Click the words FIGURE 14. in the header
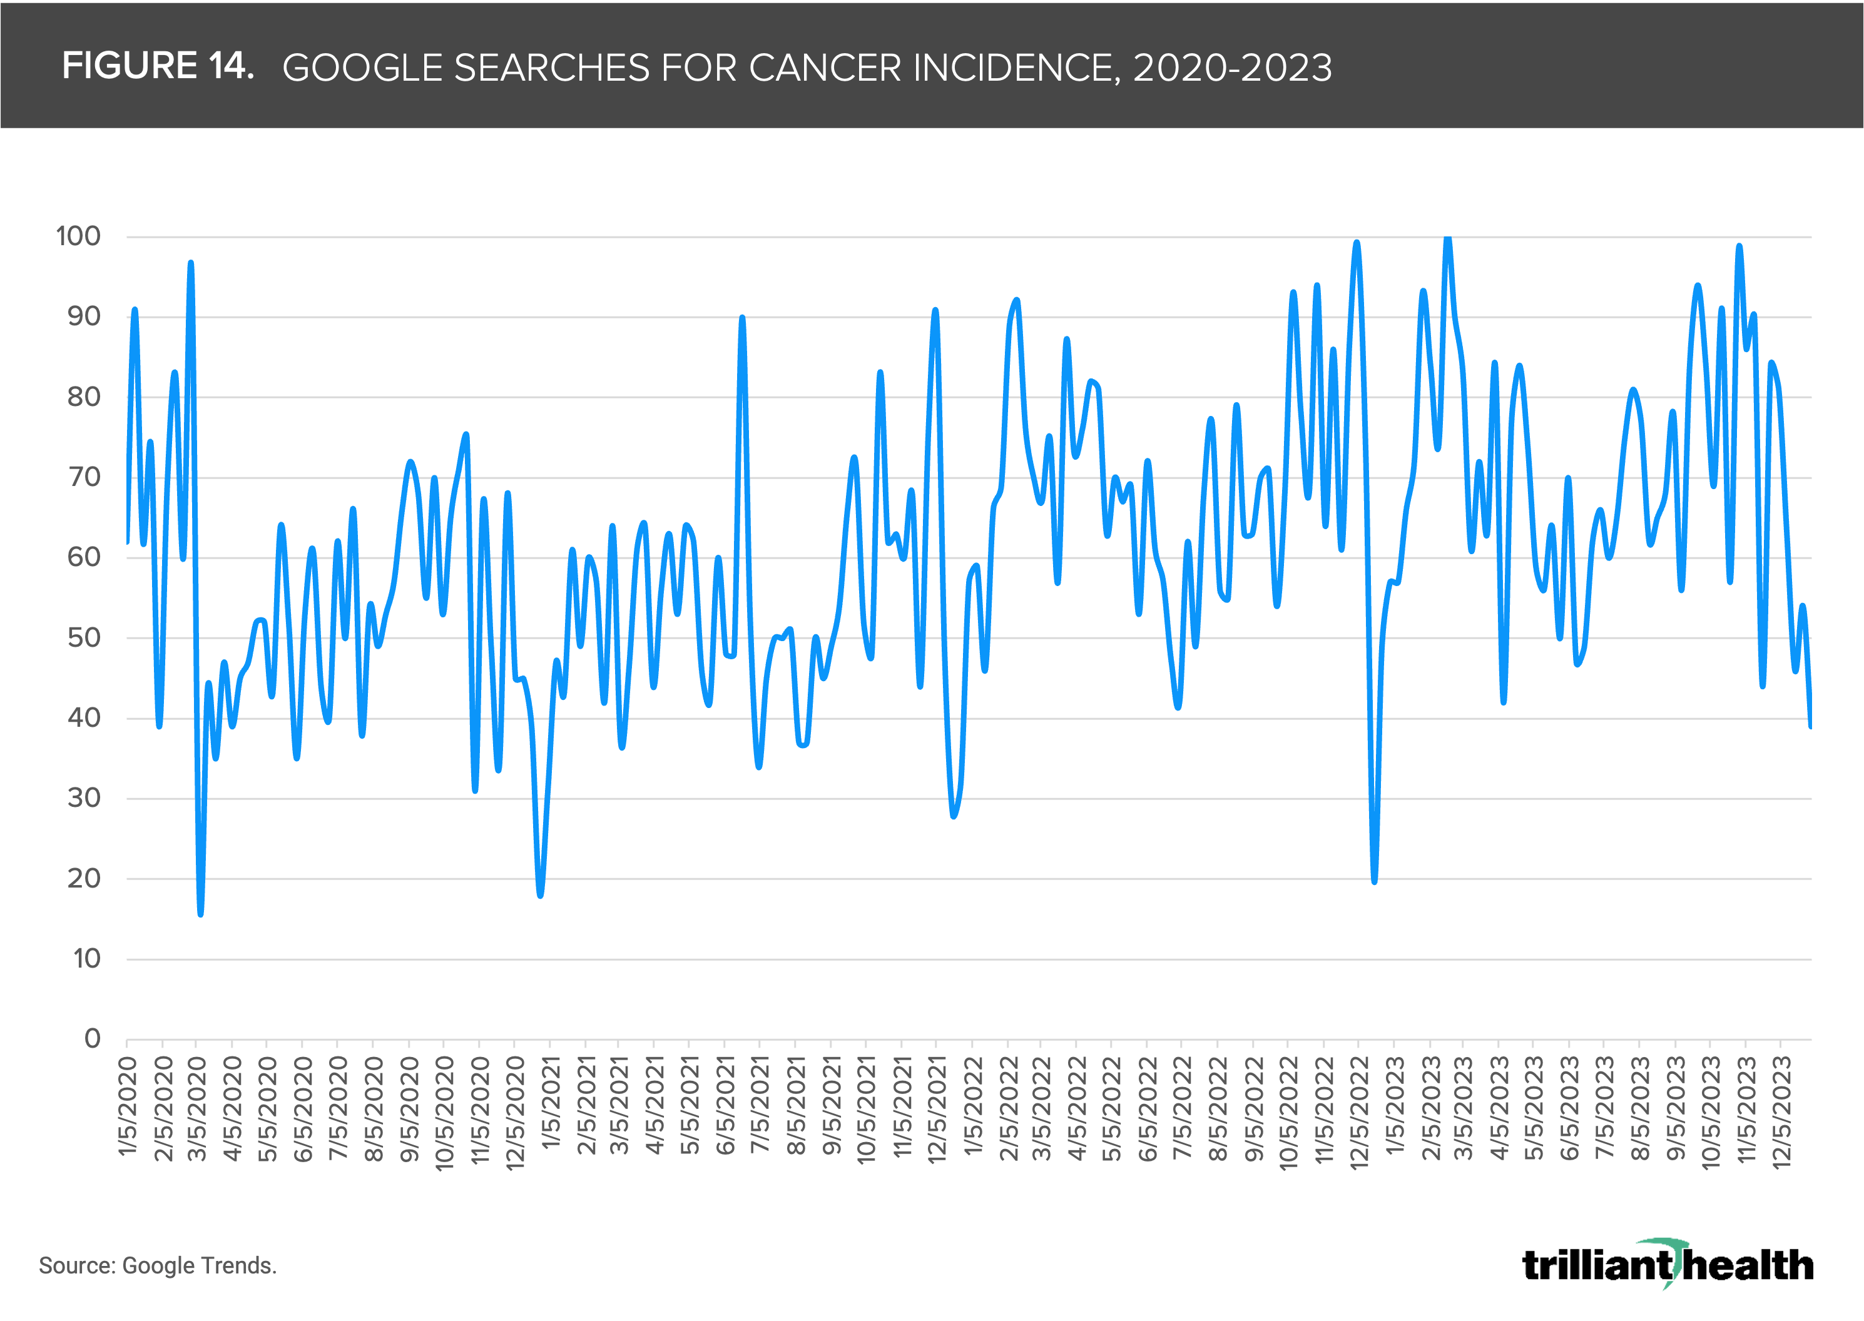pos(158,66)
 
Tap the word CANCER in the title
pos(824,68)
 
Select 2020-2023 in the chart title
pos(1233,68)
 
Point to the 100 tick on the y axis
pos(78,236)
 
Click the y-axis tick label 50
pos(84,638)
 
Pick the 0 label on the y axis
pos(93,1039)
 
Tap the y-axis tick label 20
pos(84,879)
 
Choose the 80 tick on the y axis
pos(84,397)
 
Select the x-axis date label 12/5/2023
pos(1781,1112)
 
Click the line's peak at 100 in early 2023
pos(1447,238)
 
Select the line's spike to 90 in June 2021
pos(742,318)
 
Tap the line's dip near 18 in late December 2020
pos(540,895)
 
